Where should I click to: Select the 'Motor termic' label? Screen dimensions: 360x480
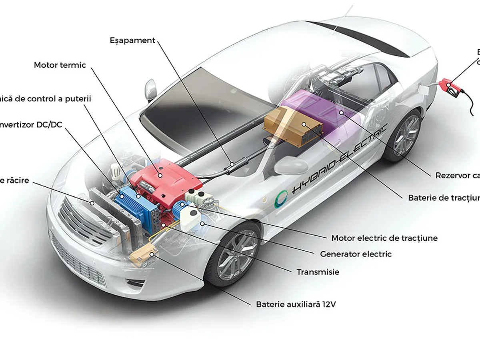(x=60, y=65)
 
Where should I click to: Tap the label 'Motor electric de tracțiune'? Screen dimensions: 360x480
(x=384, y=238)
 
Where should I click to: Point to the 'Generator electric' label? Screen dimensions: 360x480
(x=356, y=254)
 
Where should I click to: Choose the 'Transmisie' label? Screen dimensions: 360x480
(x=318, y=272)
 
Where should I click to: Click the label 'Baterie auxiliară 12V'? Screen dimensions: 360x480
(x=296, y=304)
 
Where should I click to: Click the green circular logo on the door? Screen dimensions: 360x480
(x=283, y=197)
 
